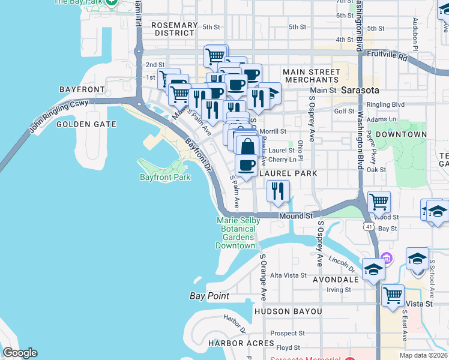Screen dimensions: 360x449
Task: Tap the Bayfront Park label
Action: pyautogui.click(x=165, y=177)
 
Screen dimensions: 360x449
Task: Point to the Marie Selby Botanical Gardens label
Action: pyautogui.click(x=238, y=233)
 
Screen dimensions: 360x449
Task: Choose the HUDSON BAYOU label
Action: pyautogui.click(x=288, y=311)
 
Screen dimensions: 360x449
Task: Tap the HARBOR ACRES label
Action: pyautogui.click(x=241, y=344)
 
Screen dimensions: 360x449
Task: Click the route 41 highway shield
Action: pyautogui.click(x=369, y=226)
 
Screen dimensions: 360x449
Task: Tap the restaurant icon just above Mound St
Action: pyautogui.click(x=278, y=191)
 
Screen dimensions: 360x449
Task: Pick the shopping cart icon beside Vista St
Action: pyautogui.click(x=393, y=296)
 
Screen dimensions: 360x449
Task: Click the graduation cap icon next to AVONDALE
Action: pyautogui.click(x=373, y=269)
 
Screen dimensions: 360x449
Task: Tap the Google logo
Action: pyautogui.click(x=20, y=353)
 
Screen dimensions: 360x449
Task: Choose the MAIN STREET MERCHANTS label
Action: pyautogui.click(x=312, y=76)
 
